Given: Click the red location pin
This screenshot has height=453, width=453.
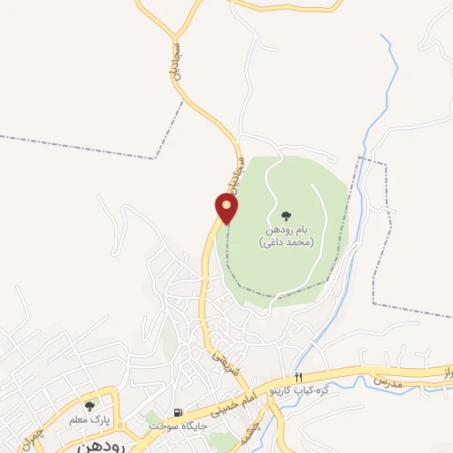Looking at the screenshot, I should [227, 209].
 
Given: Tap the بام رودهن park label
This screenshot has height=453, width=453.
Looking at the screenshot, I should [286, 229].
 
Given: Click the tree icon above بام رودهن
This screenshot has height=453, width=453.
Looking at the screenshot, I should [286, 215].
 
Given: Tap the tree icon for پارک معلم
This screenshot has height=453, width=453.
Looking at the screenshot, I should [89, 405].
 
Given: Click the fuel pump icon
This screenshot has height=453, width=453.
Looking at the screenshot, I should [180, 412].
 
